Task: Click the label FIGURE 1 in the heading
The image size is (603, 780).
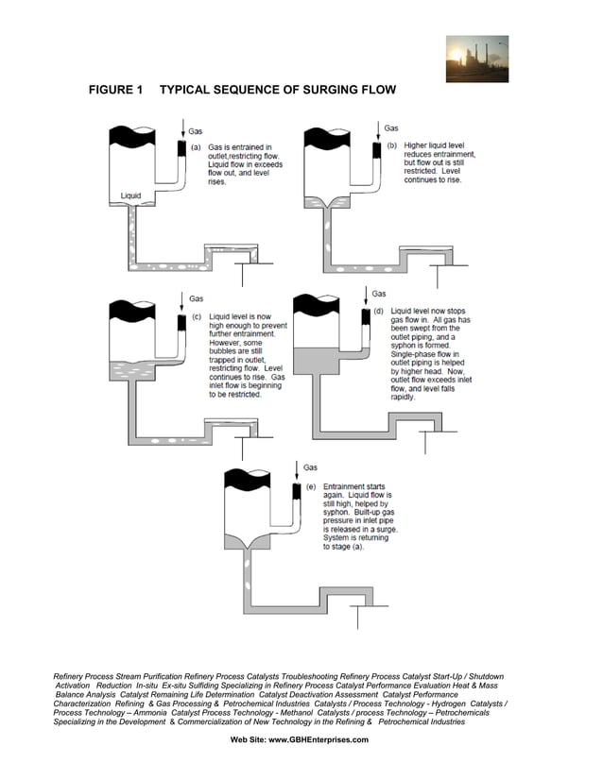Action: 114,91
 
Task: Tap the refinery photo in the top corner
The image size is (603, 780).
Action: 476,59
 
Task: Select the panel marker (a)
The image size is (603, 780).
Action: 196,147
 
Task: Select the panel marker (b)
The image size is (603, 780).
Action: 391,145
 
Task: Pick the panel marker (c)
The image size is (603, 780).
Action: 197,317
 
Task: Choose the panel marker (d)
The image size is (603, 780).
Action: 379,310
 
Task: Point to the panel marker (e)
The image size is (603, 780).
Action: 311,486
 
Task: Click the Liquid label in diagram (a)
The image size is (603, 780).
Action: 130,195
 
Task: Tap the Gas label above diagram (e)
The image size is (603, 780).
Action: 311,467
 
